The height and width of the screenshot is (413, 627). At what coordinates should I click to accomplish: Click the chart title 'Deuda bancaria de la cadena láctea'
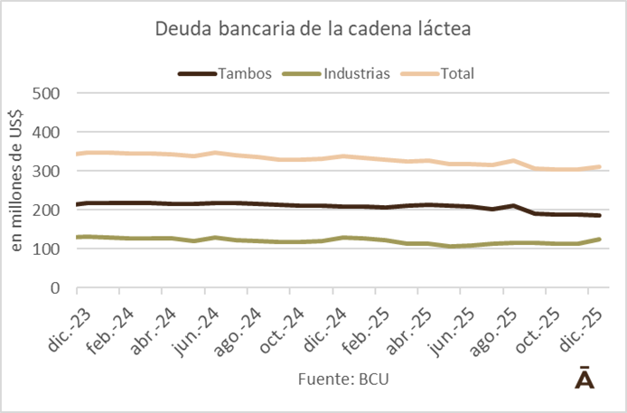click(x=313, y=30)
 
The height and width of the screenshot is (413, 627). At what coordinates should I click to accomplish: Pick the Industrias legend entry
click(x=355, y=73)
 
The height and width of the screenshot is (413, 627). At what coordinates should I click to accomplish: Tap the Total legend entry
click(x=457, y=73)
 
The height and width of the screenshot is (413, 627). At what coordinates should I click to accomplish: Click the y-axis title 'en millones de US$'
click(x=16, y=190)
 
